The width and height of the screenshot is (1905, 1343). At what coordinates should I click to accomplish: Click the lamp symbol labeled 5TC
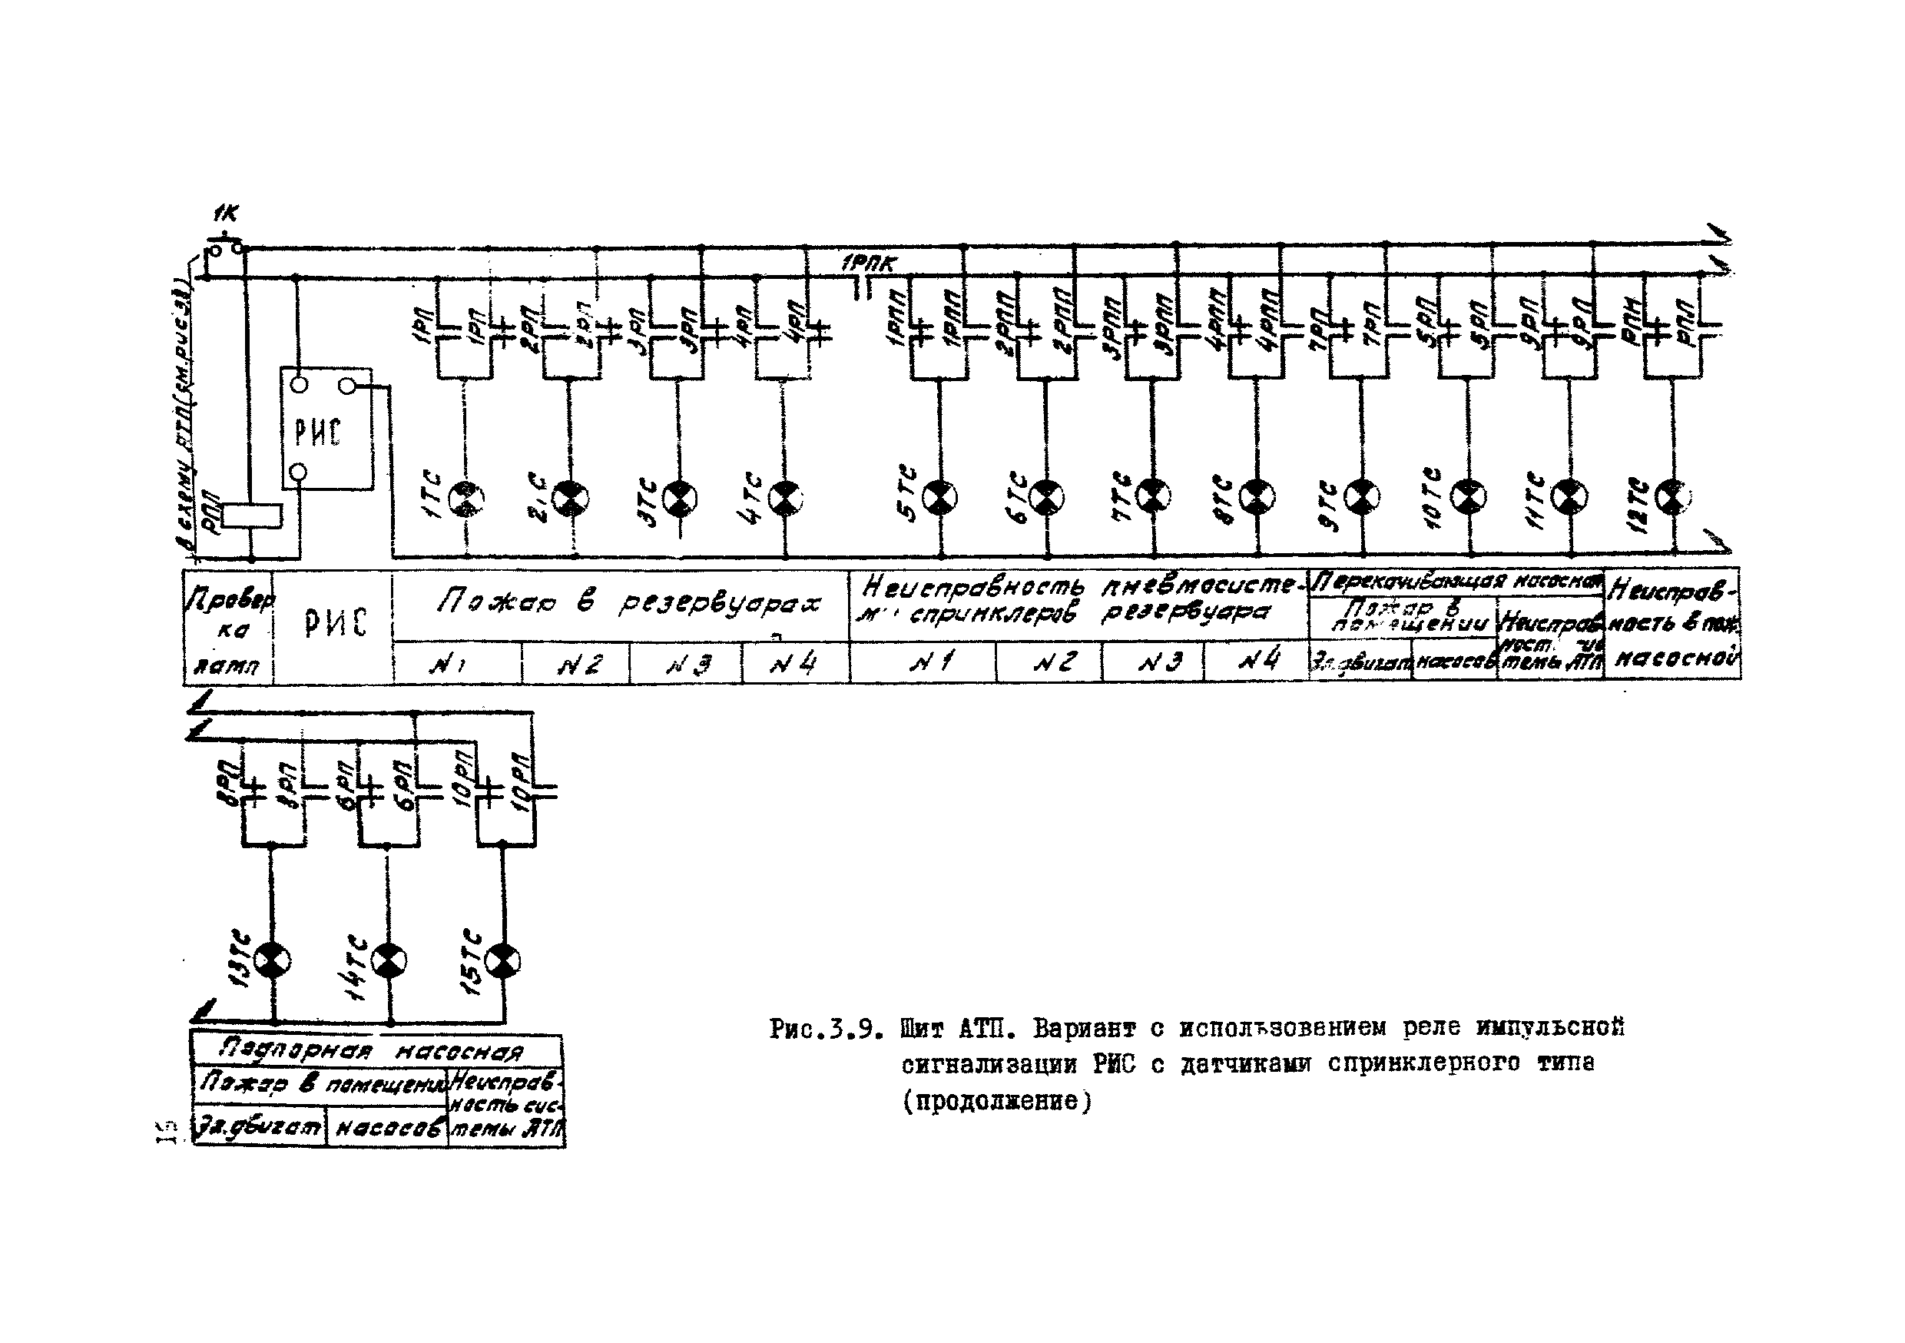click(x=940, y=497)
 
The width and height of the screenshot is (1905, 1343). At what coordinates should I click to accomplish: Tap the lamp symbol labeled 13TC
click(x=272, y=961)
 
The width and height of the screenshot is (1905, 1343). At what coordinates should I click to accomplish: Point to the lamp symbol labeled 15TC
click(x=503, y=961)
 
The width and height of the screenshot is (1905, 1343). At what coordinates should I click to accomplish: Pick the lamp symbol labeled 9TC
click(x=1362, y=497)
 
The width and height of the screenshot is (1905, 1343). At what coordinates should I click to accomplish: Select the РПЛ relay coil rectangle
click(x=253, y=516)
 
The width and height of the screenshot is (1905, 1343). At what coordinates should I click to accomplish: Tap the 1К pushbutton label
click(x=225, y=214)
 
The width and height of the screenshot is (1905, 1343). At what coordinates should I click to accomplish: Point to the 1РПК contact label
click(x=868, y=265)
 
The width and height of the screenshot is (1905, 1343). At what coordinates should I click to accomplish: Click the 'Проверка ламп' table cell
click(x=228, y=628)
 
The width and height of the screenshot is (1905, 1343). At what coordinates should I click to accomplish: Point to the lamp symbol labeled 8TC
click(x=1257, y=497)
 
